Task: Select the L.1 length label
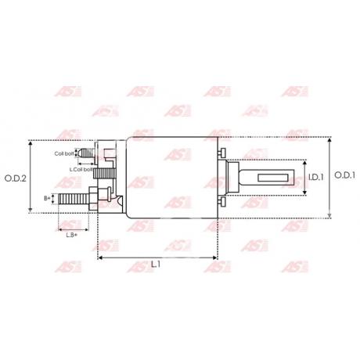tap(156, 265)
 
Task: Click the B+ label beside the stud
tap(47, 199)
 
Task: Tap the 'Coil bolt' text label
tap(64, 154)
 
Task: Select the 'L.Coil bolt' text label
tap(81, 169)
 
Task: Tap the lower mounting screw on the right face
tap(222, 201)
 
